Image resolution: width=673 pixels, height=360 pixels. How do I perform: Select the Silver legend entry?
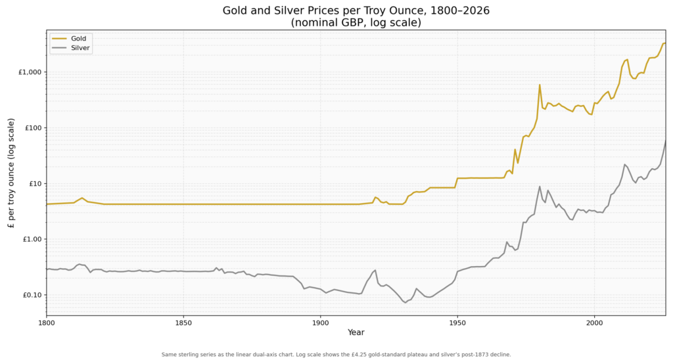point(70,48)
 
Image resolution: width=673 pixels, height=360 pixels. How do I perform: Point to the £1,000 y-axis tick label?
point(30,72)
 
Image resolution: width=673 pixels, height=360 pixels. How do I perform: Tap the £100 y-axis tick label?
point(33,128)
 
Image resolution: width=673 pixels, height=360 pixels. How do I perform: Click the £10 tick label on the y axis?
point(34,184)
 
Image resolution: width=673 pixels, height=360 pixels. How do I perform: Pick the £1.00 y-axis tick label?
point(32,239)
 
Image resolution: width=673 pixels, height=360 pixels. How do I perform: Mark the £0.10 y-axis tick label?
point(32,295)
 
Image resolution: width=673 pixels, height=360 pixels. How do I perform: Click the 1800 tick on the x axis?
point(47,323)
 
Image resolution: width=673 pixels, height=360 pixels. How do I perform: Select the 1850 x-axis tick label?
point(183,323)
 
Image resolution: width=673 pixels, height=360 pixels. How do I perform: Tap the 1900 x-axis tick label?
point(320,323)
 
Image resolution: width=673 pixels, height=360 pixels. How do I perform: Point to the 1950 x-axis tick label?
point(457,323)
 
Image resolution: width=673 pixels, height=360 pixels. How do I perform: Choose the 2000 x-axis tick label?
point(594,323)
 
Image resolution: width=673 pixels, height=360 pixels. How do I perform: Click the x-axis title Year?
point(356,332)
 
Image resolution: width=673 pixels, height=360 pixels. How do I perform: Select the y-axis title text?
point(11,173)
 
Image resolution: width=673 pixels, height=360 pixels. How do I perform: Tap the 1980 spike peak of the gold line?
point(540,85)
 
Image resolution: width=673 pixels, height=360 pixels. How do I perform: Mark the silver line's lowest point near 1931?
point(405,302)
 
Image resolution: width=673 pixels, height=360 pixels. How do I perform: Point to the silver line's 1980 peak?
point(540,186)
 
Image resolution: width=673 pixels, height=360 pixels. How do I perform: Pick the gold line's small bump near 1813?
point(82,198)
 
